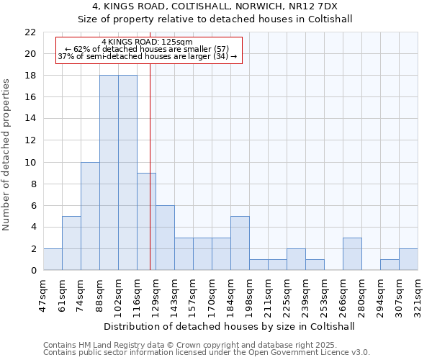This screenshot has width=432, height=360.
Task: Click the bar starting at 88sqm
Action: click(x=109, y=173)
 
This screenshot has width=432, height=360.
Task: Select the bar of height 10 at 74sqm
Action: click(x=90, y=216)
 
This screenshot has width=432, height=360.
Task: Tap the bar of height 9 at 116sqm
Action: click(x=146, y=222)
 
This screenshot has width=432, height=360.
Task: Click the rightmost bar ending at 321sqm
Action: click(x=408, y=259)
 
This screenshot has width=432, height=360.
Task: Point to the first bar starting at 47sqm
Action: click(x=53, y=259)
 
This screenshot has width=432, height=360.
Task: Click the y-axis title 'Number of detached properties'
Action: click(x=6, y=155)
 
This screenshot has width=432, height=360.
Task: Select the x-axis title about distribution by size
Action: click(x=230, y=326)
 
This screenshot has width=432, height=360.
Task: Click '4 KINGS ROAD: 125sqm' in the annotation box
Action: click(x=147, y=42)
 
